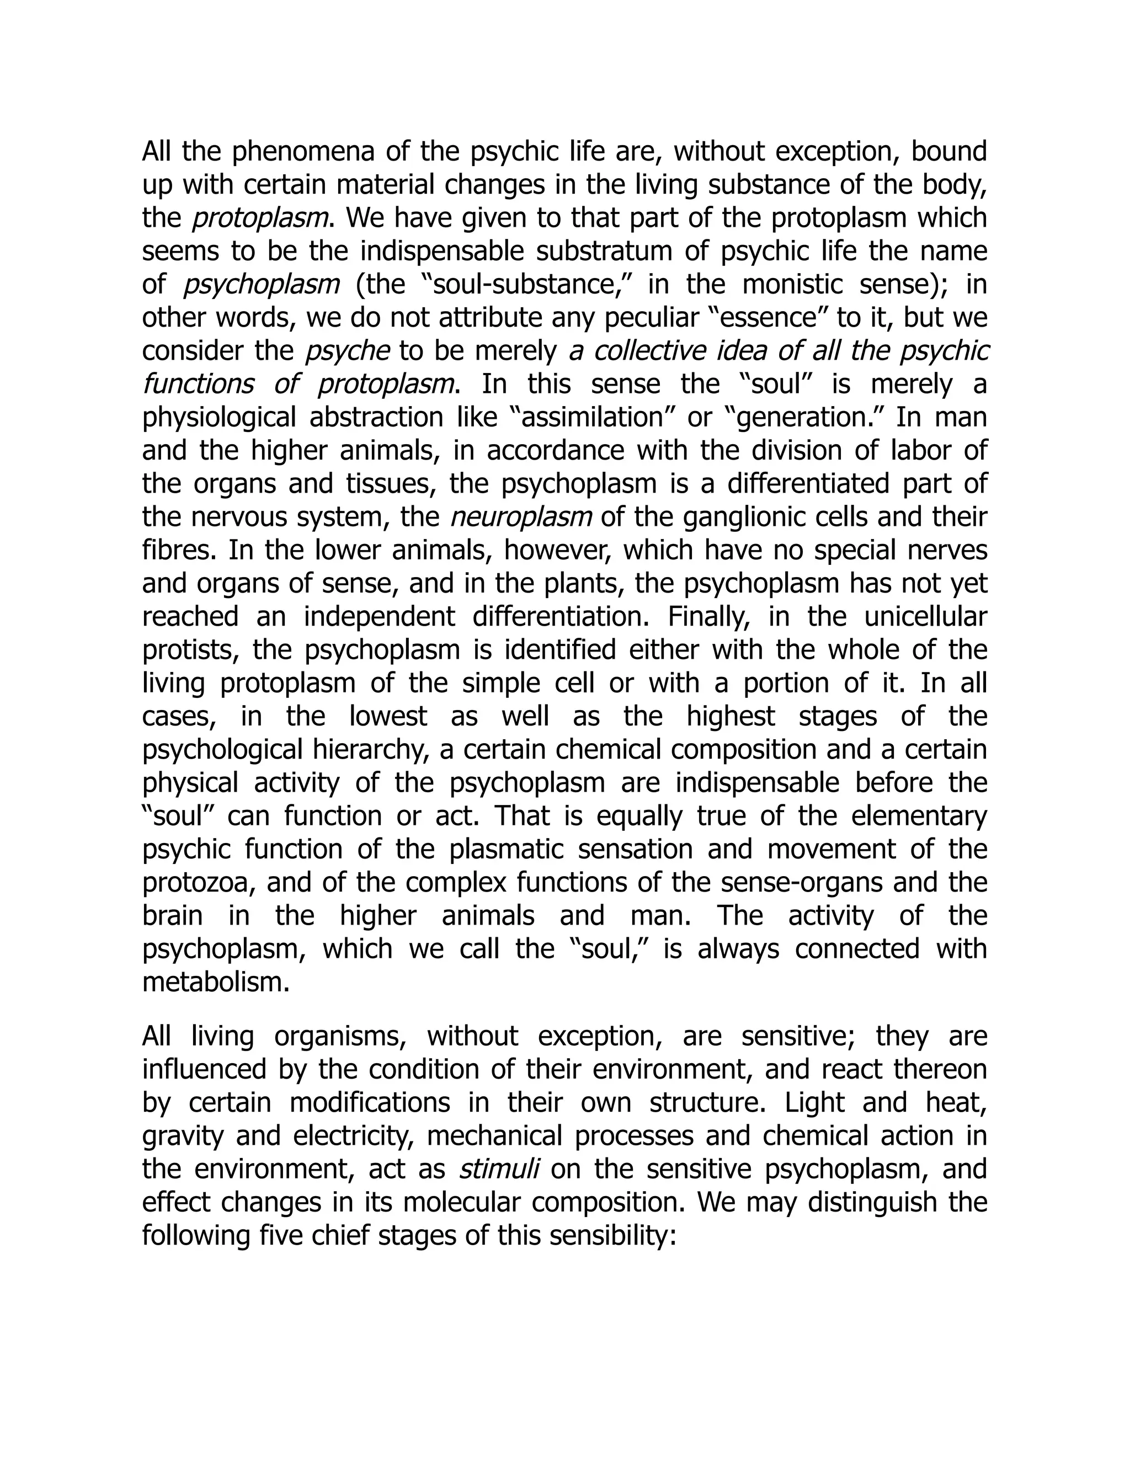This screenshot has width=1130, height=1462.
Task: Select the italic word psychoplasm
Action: click(262, 285)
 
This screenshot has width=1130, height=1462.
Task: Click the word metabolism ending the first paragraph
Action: click(215, 982)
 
